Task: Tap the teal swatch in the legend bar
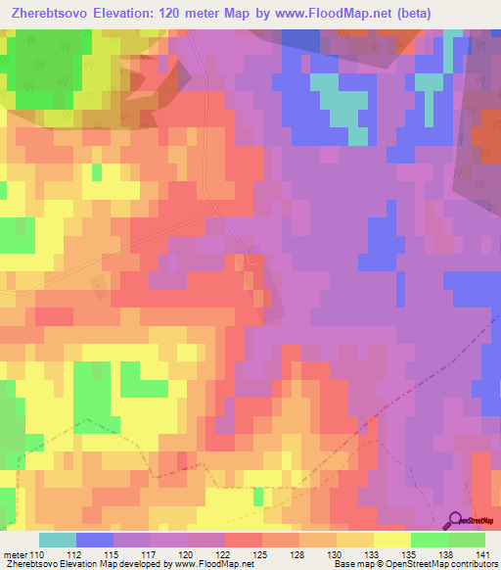(58, 540)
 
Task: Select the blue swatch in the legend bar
(95, 540)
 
